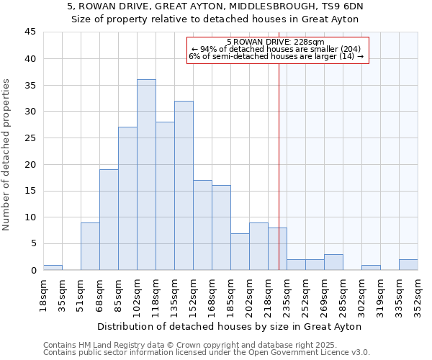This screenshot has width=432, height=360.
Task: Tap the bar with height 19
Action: pyautogui.click(x=109, y=220)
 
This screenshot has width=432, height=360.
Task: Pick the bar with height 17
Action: pyautogui.click(x=202, y=225)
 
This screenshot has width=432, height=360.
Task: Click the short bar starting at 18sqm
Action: pyautogui.click(x=53, y=267)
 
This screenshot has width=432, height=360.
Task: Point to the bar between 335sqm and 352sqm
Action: pyautogui.click(x=408, y=265)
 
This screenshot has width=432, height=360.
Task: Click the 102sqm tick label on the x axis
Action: pyautogui.click(x=137, y=294)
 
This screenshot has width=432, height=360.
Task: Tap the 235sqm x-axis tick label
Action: pyautogui.click(x=287, y=294)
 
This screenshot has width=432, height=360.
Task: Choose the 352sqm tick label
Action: pyautogui.click(x=418, y=294)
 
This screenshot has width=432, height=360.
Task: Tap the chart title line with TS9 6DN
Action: pyautogui.click(x=215, y=6)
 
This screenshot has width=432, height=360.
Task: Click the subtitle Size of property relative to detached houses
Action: pyautogui.click(x=215, y=19)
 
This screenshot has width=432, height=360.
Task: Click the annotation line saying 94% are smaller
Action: pyautogui.click(x=276, y=49)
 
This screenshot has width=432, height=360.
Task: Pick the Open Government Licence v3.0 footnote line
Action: pyautogui.click(x=207, y=353)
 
